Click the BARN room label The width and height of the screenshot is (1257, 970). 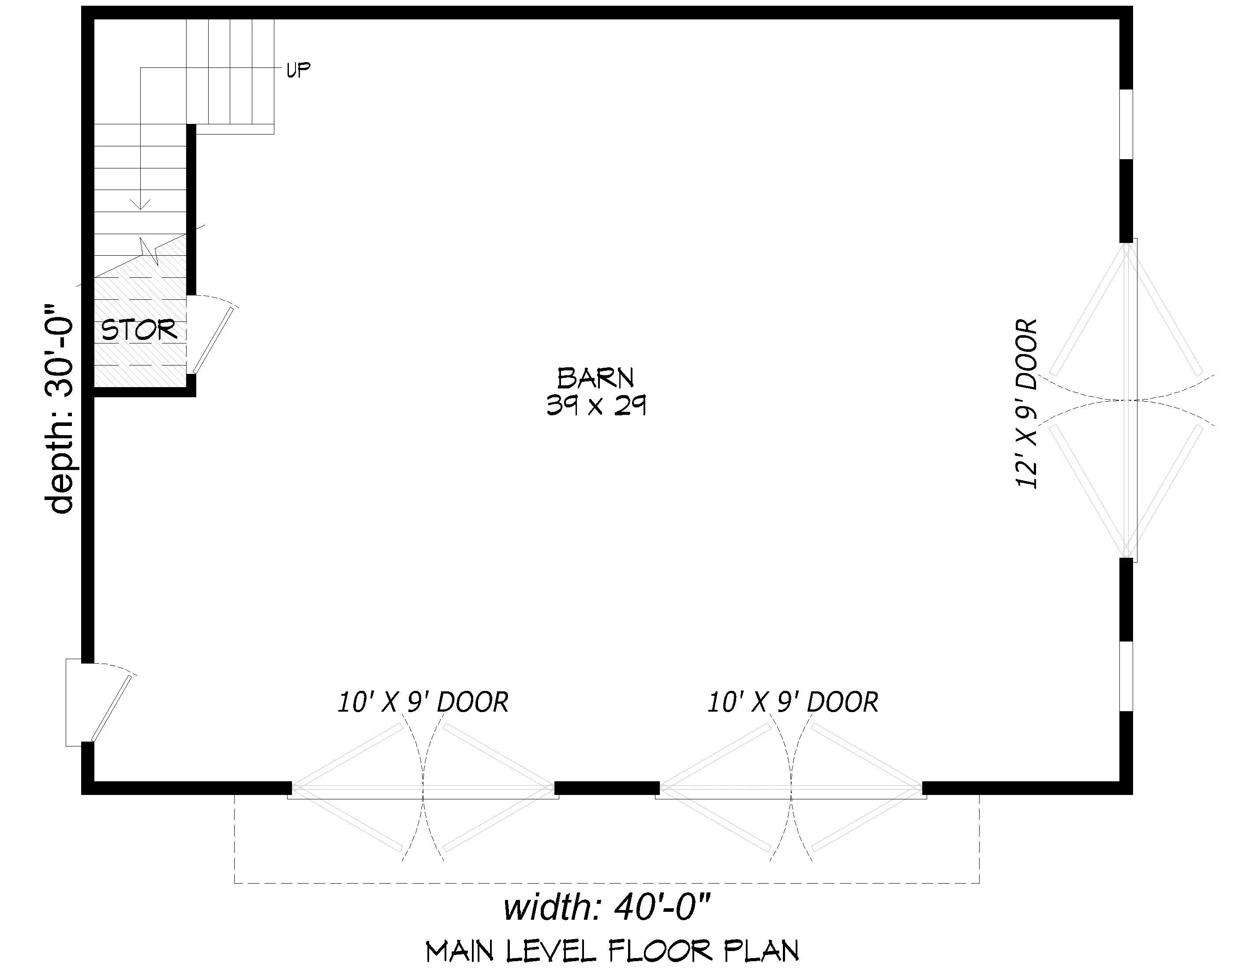[x=596, y=378]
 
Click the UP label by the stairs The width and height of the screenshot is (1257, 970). [x=298, y=70]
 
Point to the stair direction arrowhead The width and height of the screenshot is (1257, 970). [x=140, y=204]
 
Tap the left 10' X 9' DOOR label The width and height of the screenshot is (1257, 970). [x=423, y=702]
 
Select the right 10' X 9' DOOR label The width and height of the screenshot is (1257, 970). [x=793, y=702]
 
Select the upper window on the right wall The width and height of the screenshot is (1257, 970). [x=1126, y=124]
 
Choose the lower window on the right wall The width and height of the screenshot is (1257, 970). [x=1126, y=677]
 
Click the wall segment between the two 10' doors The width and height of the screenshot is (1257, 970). [x=606, y=787]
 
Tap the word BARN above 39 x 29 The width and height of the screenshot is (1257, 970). [x=596, y=378]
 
